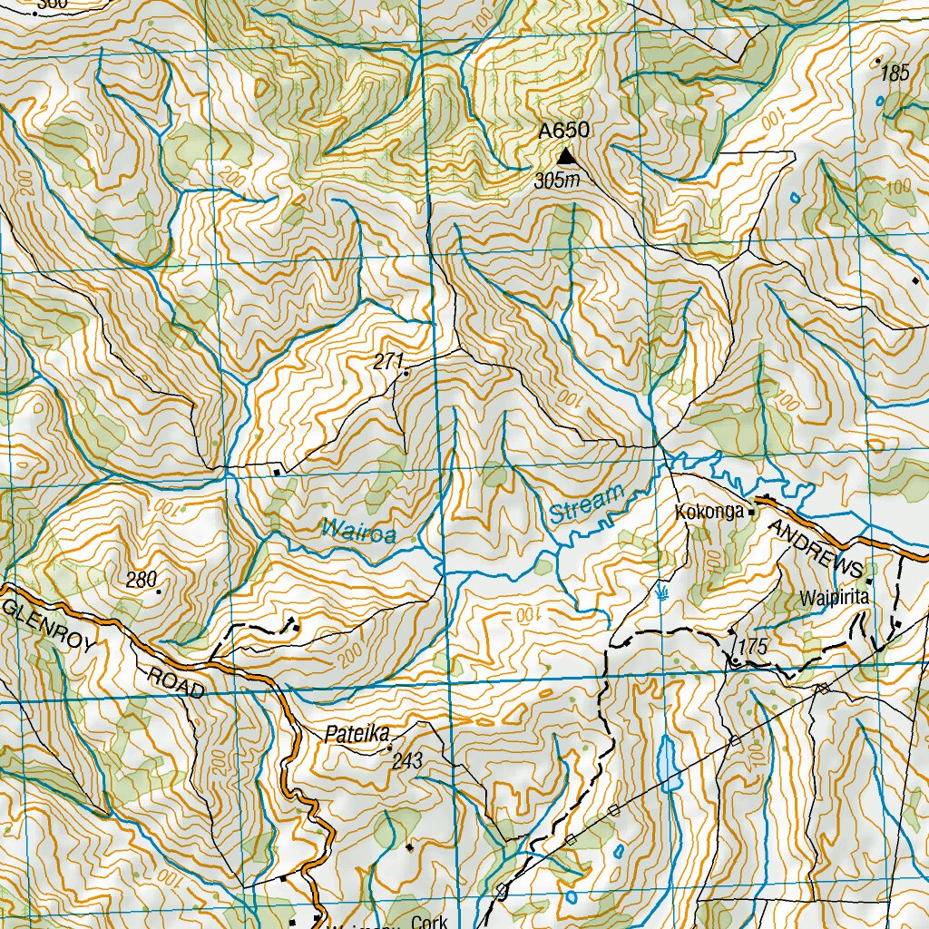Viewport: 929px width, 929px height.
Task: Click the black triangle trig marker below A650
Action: pyautogui.click(x=565, y=158)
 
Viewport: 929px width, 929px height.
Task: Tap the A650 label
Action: pyautogui.click(x=563, y=132)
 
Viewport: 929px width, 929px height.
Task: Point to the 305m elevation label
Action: pyautogui.click(x=556, y=181)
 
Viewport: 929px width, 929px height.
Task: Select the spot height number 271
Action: pyautogui.click(x=387, y=362)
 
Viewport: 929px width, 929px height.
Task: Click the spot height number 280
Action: pyautogui.click(x=142, y=579)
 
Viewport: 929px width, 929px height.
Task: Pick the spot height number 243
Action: pyautogui.click(x=407, y=762)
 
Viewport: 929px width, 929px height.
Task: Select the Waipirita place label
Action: pyautogui.click(x=835, y=598)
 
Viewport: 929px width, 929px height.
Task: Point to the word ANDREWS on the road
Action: pyautogui.click(x=815, y=547)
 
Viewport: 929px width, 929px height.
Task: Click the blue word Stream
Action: pyautogui.click(x=587, y=504)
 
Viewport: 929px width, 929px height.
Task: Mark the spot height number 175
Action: pyautogui.click(x=753, y=647)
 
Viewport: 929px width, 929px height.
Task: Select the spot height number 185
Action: pyautogui.click(x=895, y=74)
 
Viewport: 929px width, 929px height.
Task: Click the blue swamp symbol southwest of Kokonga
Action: pyautogui.click(x=663, y=592)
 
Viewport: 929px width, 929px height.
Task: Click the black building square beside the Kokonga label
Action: pyautogui.click(x=751, y=512)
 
